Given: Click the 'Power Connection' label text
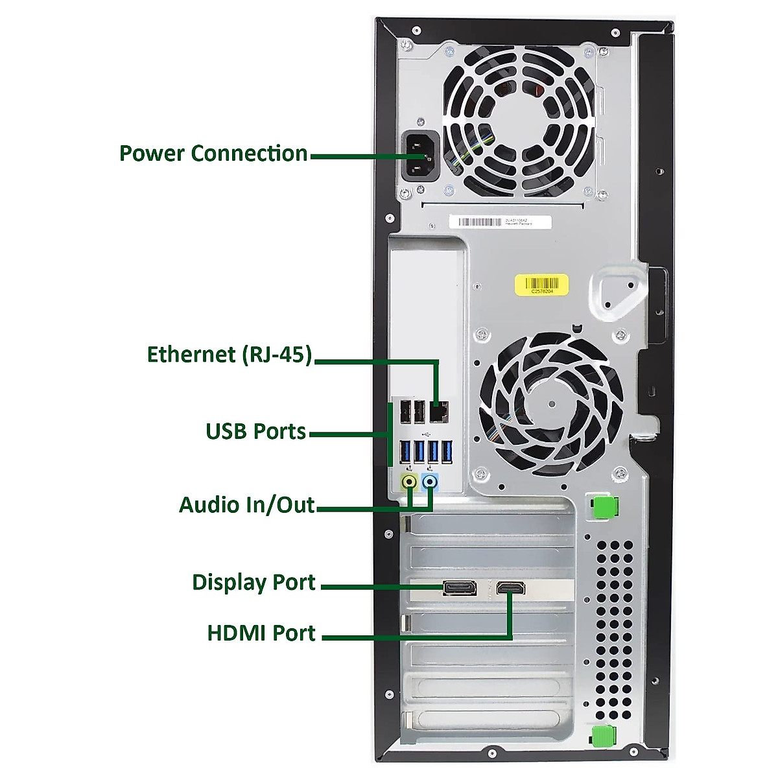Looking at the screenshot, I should [213, 154].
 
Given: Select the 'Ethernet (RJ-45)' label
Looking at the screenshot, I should [230, 355].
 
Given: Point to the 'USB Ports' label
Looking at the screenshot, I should [255, 432].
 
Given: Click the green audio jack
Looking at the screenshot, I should [409, 482].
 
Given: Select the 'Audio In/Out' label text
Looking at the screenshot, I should [246, 505].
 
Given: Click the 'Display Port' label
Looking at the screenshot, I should [253, 582].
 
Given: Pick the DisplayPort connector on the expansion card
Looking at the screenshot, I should [460, 588].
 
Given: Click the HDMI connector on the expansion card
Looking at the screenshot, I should [510, 588].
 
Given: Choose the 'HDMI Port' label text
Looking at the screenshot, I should [261, 633].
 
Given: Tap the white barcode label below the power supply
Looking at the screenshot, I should [500, 222].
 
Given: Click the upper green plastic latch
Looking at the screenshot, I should [604, 507].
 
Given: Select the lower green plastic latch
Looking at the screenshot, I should [603, 737].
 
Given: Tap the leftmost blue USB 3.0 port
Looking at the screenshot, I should [406, 452].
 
